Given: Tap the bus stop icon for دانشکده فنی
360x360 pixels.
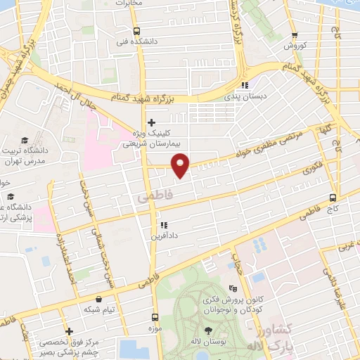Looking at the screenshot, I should click(x=136, y=30).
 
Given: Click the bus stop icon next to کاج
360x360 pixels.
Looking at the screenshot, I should click(x=333, y=198).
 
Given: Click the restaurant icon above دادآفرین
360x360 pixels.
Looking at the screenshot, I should click(x=163, y=225).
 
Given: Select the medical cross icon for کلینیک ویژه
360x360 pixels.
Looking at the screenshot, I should click(x=151, y=121).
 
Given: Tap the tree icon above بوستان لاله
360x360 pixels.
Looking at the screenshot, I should click(x=209, y=330).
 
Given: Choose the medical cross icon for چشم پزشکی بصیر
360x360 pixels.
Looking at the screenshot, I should click(x=68, y=331).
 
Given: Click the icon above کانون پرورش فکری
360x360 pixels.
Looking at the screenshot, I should click(x=234, y=288).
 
